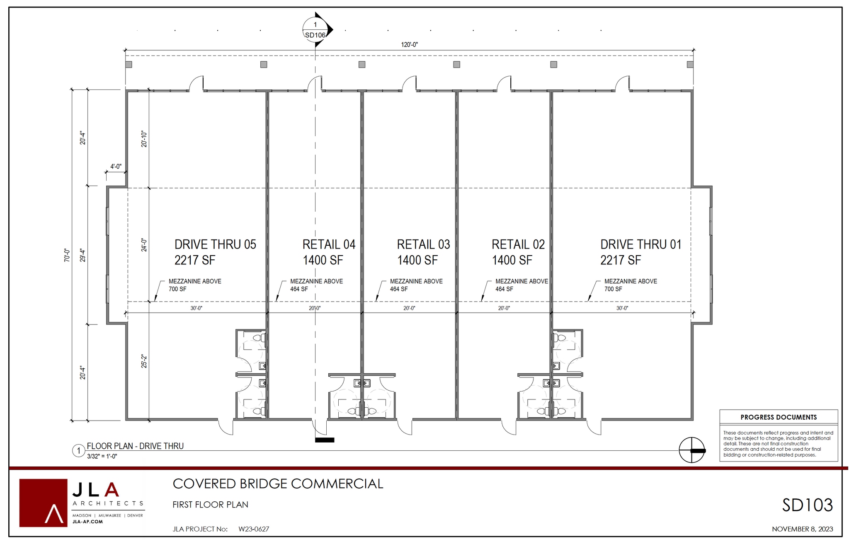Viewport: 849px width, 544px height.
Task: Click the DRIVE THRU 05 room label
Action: coord(215,244)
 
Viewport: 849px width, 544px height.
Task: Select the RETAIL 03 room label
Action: coord(423,244)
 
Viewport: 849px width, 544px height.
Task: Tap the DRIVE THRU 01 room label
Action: coord(640,244)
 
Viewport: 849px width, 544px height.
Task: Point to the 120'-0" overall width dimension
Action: coord(409,45)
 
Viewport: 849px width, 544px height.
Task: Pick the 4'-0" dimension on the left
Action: coord(116,167)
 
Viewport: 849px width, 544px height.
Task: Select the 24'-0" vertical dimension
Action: coord(144,245)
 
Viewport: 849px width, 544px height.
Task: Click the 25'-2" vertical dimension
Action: coord(144,361)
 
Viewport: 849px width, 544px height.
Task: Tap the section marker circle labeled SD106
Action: coord(315,30)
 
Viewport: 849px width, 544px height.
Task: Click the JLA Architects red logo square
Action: coord(43,503)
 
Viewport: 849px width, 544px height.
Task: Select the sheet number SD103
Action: coord(807,505)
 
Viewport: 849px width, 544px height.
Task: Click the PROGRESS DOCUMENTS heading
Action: coord(779,417)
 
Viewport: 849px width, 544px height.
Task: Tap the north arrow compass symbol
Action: coord(691,450)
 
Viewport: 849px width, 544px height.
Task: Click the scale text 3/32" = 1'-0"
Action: coord(102,456)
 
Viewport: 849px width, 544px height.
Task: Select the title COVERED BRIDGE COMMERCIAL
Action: coord(278,484)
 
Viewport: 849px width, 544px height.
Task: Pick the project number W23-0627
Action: coord(254,529)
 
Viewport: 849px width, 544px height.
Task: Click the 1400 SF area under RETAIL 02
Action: coord(512,260)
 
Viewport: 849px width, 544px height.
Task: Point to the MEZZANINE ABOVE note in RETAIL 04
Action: coord(316,281)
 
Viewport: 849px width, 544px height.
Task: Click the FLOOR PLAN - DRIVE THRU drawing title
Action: coord(135,446)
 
